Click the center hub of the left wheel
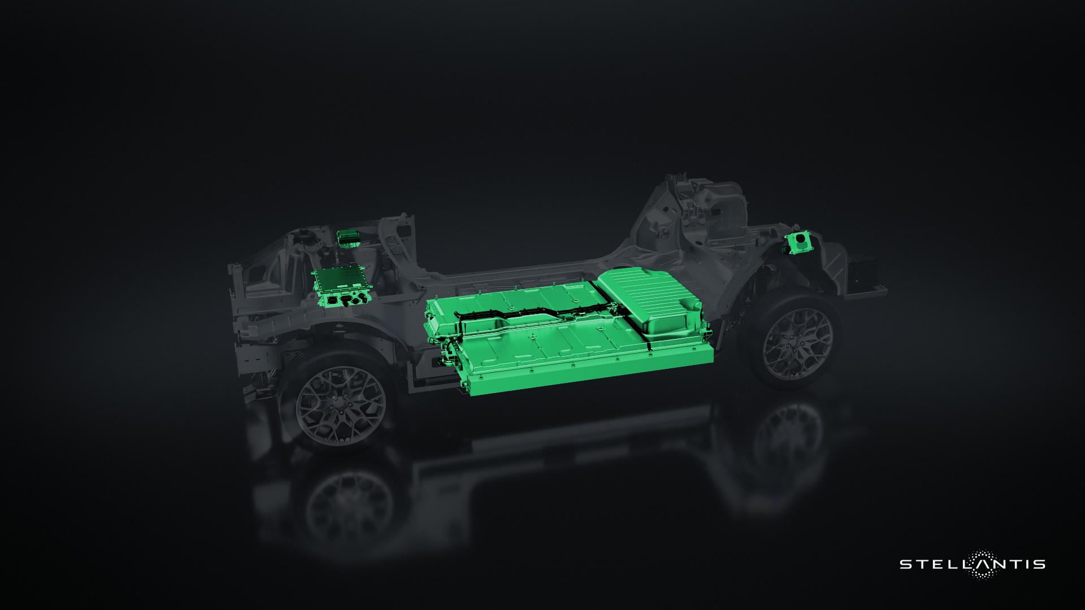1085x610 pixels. click(x=340, y=404)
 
